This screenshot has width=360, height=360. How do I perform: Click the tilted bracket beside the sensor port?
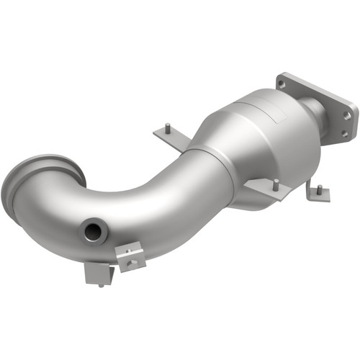[x=130, y=256]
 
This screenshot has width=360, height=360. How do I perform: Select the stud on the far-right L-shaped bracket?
[x=318, y=188]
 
